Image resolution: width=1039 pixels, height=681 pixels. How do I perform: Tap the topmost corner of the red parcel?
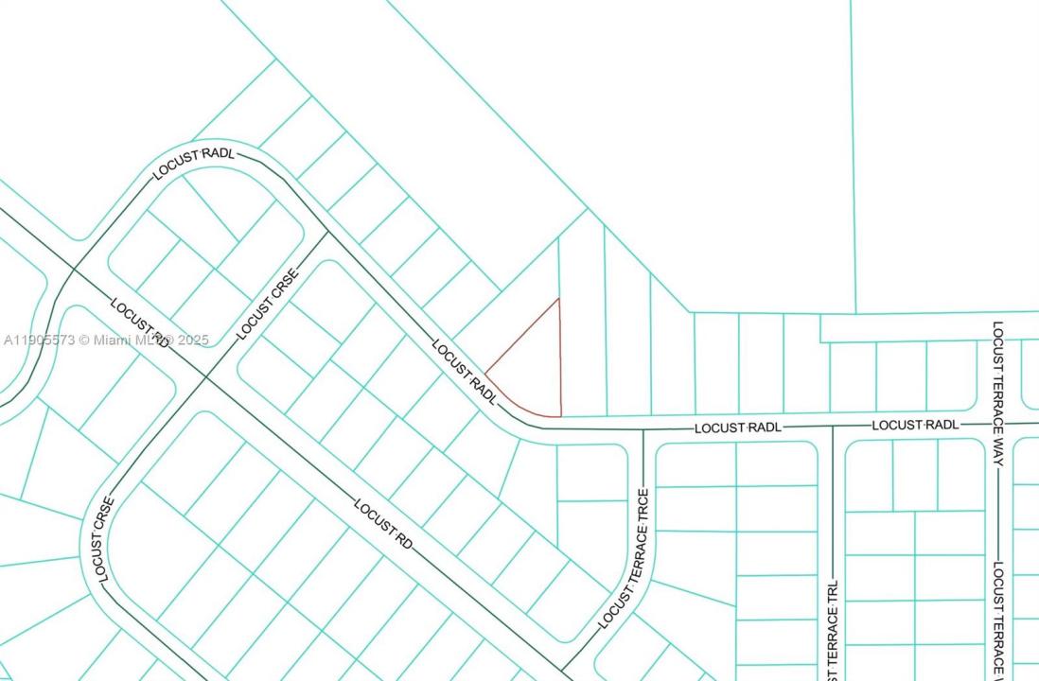[558, 299]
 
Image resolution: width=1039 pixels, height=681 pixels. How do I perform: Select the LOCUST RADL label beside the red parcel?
[465, 373]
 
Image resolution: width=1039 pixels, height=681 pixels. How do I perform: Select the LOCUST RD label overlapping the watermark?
[140, 323]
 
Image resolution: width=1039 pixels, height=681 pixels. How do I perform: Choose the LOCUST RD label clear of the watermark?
[384, 522]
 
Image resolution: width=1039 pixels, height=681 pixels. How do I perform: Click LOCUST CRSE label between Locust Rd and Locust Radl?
[267, 305]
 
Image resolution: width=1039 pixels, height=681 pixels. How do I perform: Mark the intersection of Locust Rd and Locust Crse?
[205, 378]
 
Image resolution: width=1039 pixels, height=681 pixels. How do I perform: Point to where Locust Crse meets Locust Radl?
[327, 232]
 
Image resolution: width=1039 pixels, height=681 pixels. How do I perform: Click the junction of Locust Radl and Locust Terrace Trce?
[643, 429]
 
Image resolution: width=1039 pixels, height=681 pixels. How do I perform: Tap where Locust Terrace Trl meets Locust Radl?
[833, 427]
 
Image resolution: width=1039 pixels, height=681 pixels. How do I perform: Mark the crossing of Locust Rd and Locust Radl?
[74, 270]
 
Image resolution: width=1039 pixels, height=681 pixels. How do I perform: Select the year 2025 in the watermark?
[193, 340]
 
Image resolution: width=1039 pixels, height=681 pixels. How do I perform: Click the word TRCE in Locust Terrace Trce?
[643, 512]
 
